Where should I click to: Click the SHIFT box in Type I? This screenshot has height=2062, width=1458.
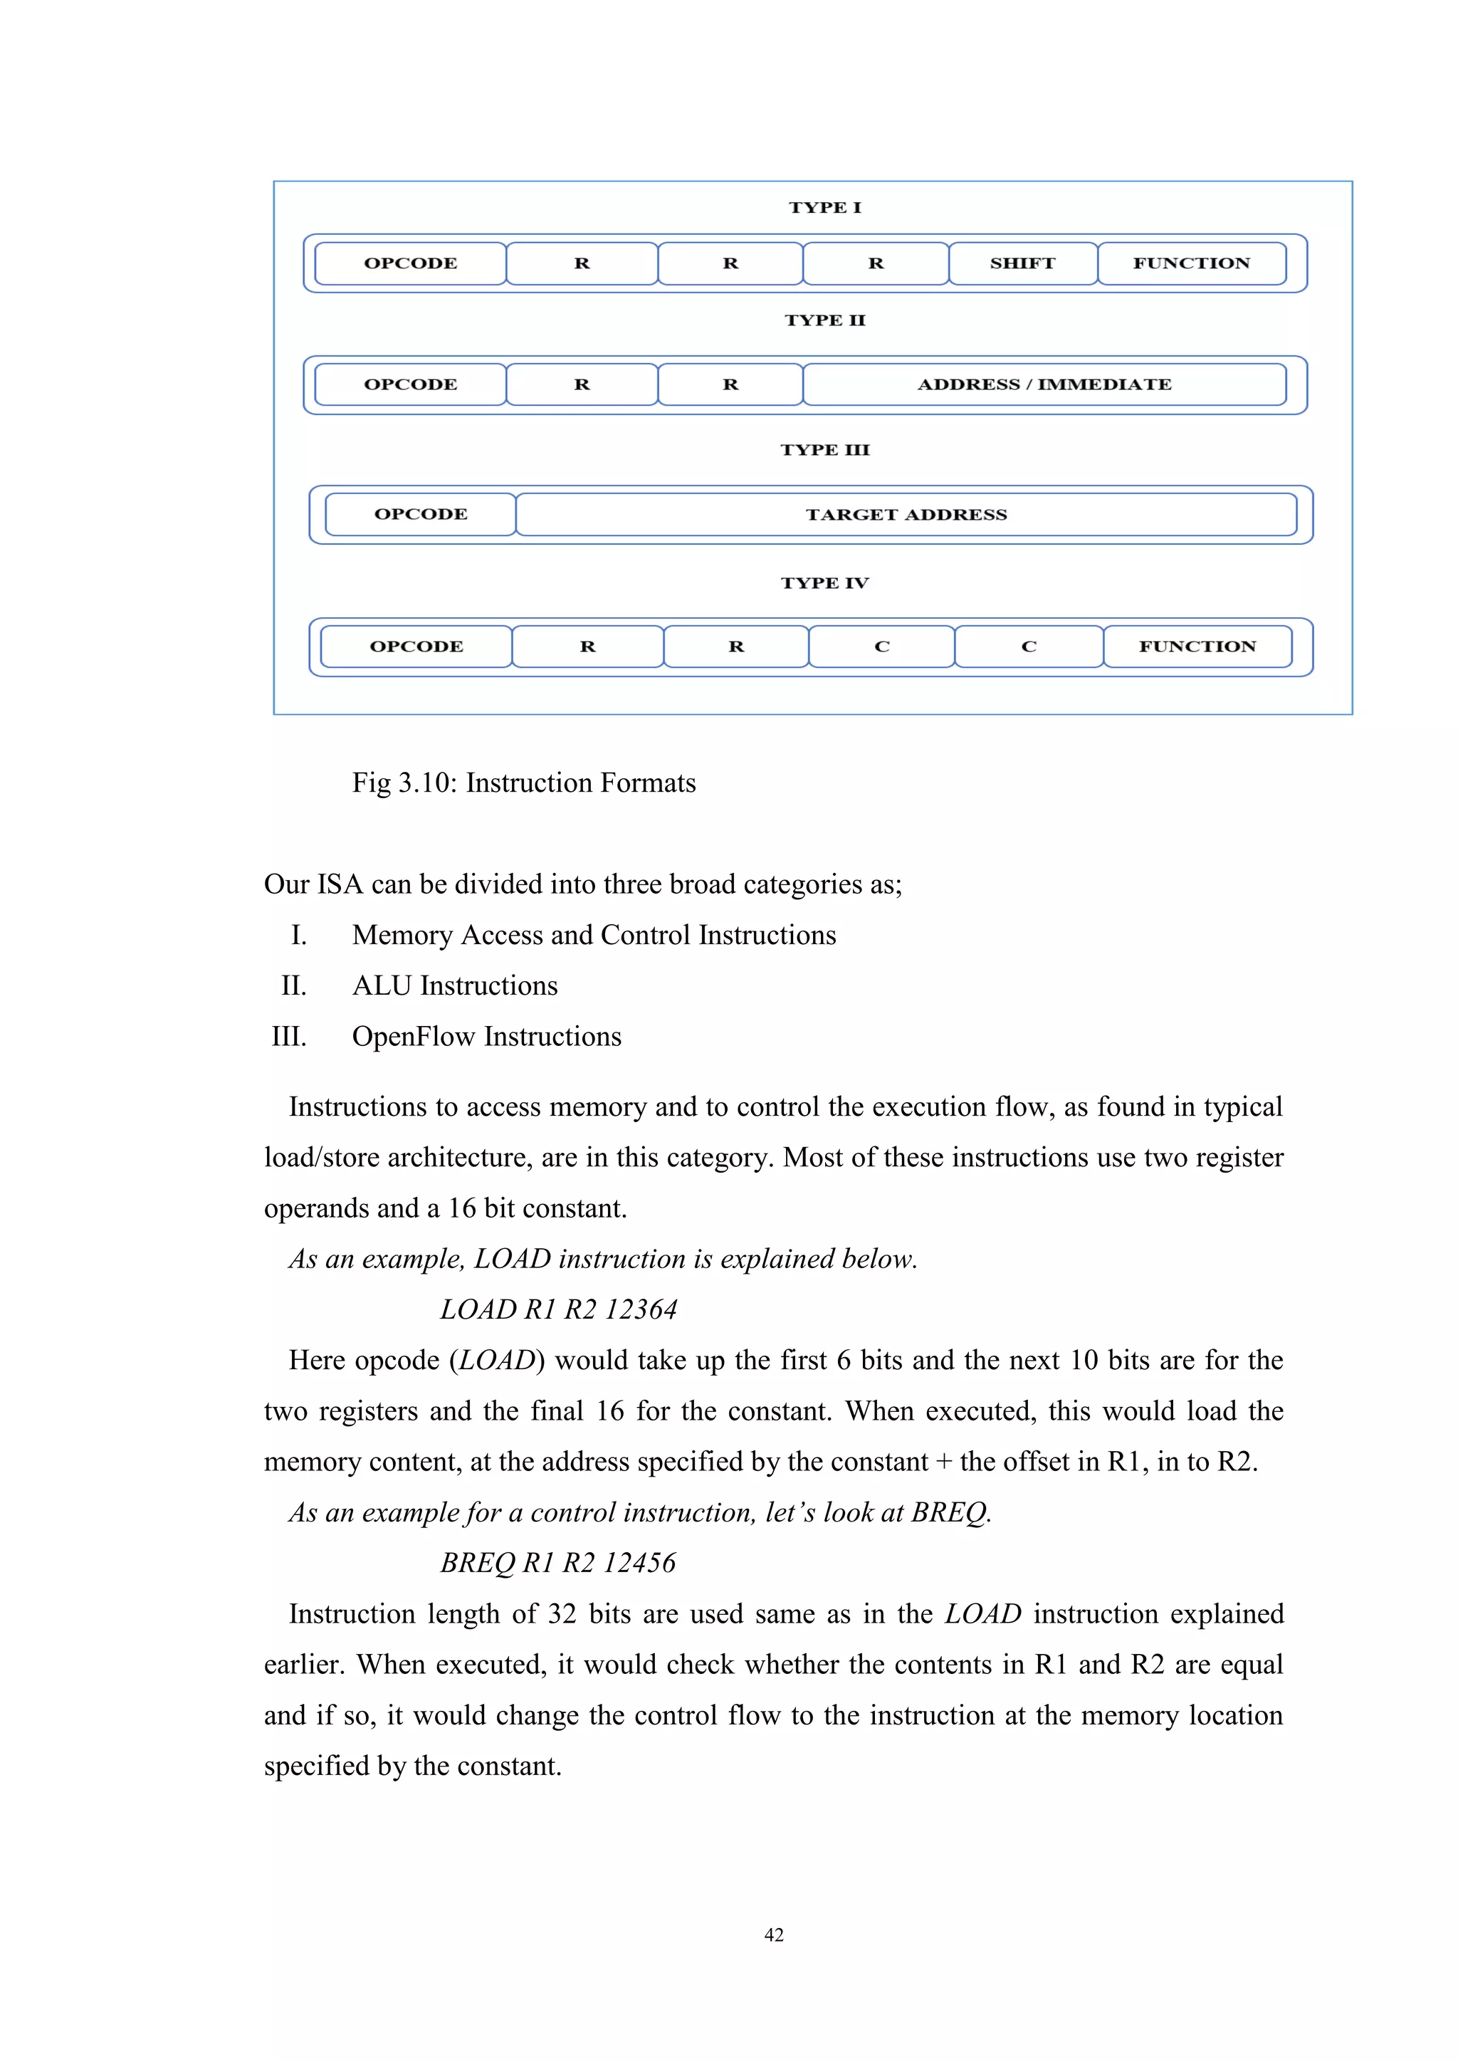point(1022,263)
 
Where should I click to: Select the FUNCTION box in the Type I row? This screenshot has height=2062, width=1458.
point(1191,263)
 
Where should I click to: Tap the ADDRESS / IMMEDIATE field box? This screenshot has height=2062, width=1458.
point(1044,384)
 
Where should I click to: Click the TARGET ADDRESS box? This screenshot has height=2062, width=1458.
point(906,515)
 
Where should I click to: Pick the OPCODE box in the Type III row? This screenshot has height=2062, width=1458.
point(420,515)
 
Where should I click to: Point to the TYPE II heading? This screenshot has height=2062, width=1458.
point(824,320)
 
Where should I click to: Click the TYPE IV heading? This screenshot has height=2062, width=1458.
point(824,583)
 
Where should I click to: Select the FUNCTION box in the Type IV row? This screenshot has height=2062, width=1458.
point(1197,647)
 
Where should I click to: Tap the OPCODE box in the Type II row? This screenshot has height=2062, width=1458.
point(410,384)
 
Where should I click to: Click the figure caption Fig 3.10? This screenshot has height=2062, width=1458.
point(523,783)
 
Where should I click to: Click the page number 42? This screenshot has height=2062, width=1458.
point(773,1935)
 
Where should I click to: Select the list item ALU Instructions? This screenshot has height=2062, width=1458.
point(454,986)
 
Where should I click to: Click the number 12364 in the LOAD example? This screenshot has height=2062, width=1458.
point(640,1309)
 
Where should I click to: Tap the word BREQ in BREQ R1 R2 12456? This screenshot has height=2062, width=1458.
point(477,1564)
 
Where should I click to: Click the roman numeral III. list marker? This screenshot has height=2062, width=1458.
point(289,1037)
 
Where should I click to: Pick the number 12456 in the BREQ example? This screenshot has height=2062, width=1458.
point(639,1564)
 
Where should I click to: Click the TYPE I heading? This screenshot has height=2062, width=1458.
point(824,207)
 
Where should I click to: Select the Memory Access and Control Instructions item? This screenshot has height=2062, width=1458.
point(594,935)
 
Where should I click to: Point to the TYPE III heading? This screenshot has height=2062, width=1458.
point(824,450)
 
